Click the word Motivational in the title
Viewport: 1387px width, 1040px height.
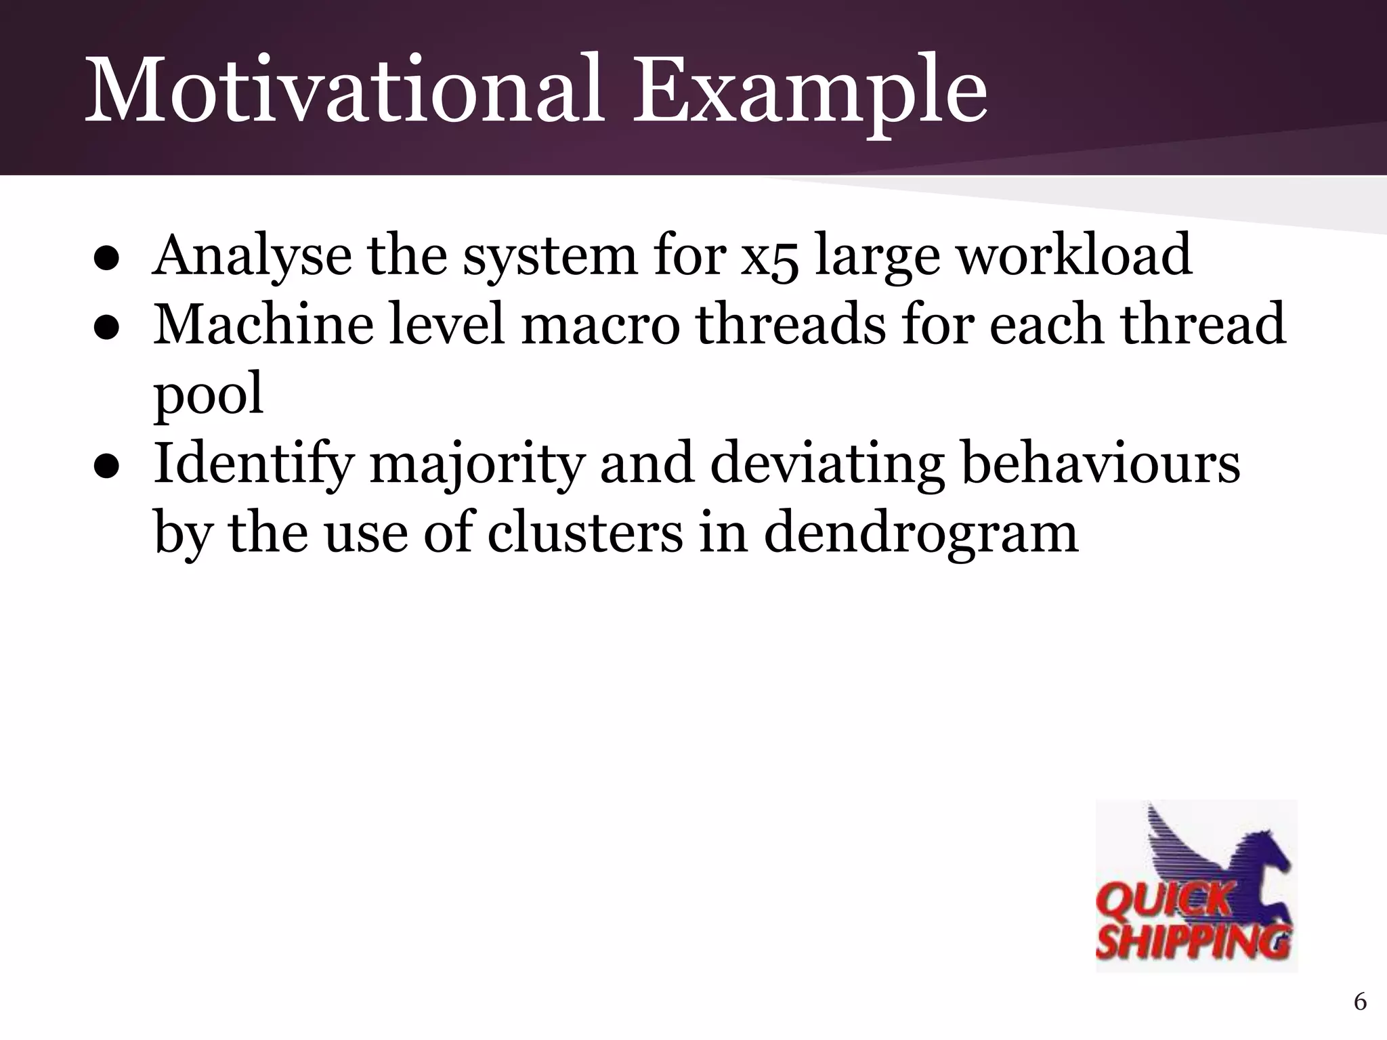(344, 90)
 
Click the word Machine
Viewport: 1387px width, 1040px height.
(263, 324)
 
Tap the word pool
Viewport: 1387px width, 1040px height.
(208, 395)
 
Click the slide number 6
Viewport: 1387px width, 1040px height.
(1360, 1001)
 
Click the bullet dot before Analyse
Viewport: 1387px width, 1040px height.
(107, 259)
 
